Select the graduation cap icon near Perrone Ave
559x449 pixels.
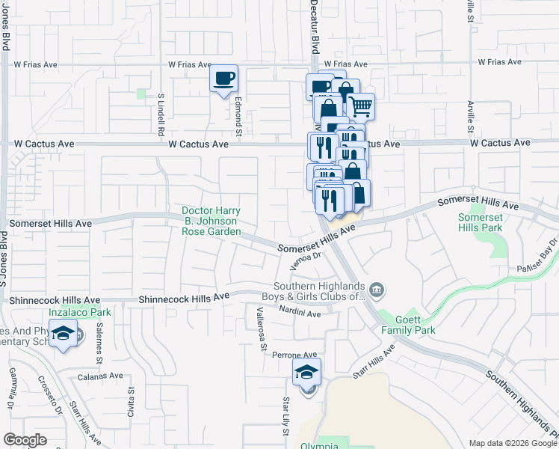[306, 372]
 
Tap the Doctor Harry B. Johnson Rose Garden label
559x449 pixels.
[211, 221]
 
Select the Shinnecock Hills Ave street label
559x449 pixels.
[184, 298]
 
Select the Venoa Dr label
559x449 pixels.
[305, 260]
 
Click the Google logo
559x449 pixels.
[25, 439]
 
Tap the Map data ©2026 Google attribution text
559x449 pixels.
[512, 443]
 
